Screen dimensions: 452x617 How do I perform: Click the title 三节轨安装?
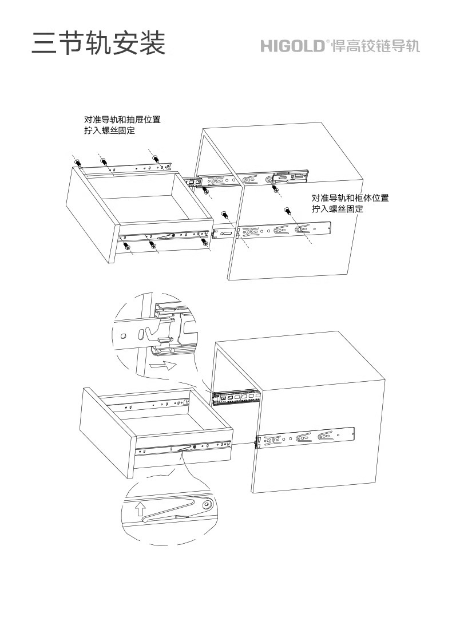click(x=98, y=43)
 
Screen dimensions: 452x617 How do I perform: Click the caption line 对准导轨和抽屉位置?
click(x=122, y=120)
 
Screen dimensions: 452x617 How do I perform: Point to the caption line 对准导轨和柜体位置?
click(x=350, y=198)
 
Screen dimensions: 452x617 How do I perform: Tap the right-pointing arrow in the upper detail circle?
click(x=161, y=365)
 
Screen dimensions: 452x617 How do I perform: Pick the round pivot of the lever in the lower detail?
click(x=208, y=505)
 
